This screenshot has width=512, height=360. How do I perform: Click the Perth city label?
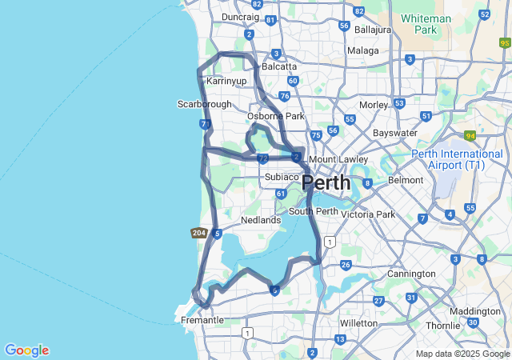click(326, 182)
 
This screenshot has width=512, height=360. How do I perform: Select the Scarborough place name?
click(204, 104)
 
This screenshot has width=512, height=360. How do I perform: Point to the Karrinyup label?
click(226, 82)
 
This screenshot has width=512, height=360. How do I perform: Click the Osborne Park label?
click(276, 117)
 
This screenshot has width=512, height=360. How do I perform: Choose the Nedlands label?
click(261, 220)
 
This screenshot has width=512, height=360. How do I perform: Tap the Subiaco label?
click(282, 177)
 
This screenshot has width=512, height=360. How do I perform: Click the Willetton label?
click(358, 323)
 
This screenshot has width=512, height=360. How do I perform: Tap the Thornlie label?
click(442, 326)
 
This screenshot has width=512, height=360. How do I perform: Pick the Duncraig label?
click(240, 16)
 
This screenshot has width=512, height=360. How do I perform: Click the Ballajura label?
click(372, 30)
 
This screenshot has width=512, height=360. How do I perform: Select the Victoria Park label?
click(368, 214)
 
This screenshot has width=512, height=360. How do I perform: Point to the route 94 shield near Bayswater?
click(470, 136)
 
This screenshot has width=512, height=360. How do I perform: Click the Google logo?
click(26, 350)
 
